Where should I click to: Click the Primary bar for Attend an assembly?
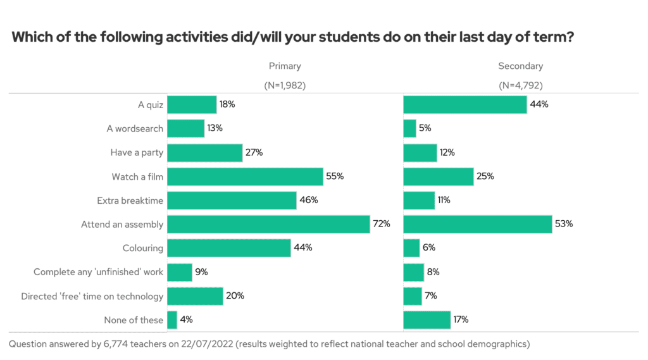click(268, 224)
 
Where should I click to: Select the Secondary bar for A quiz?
click(465, 104)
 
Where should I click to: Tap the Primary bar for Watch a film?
click(245, 177)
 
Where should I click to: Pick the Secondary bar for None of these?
click(427, 320)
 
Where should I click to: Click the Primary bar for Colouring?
click(228, 248)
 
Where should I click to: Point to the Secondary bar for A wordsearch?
click(409, 128)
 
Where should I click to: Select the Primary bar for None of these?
click(172, 320)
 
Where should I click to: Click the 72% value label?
click(382, 224)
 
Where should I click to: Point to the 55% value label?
click(335, 177)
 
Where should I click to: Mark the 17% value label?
click(461, 320)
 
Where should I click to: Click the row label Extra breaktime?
click(130, 201)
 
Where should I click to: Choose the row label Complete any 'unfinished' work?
click(98, 272)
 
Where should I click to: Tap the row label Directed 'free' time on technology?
click(92, 296)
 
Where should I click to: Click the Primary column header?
click(285, 66)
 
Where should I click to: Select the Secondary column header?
click(520, 66)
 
